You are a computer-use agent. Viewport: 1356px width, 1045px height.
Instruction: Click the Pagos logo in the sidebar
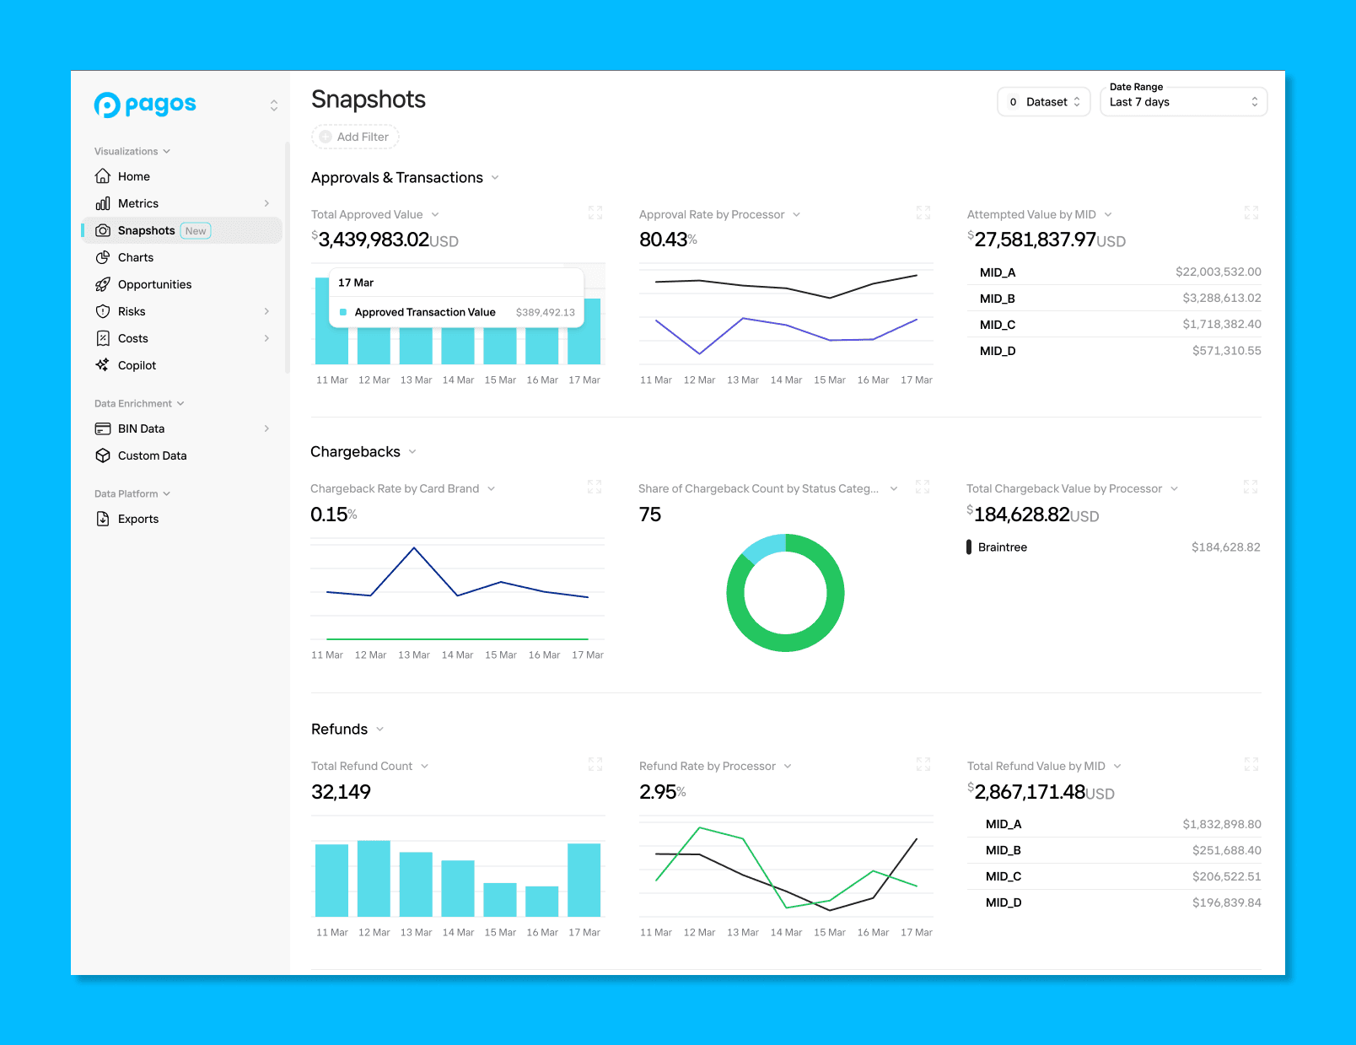coord(145,105)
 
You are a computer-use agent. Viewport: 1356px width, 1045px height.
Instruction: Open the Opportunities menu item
coord(154,284)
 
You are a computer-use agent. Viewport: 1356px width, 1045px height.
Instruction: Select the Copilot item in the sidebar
coord(137,365)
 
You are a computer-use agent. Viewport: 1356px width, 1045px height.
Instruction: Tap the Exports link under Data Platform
coord(138,519)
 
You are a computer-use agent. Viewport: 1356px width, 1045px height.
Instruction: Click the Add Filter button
coord(355,137)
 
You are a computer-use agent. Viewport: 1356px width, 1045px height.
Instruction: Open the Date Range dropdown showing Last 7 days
coord(1183,102)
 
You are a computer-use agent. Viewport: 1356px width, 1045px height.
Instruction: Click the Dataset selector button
coord(1043,102)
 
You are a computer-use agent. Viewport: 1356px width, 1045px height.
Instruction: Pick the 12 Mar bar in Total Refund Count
coord(374,878)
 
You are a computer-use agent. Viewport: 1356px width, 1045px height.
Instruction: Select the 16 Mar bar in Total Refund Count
coord(541,901)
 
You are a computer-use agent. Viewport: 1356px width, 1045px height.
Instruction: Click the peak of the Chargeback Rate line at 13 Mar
coord(414,547)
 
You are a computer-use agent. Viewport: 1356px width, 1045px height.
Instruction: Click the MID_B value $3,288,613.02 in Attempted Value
coord(1221,299)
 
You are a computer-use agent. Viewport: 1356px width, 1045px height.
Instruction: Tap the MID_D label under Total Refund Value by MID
coord(1004,902)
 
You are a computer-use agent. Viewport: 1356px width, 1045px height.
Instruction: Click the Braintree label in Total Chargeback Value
coord(1002,547)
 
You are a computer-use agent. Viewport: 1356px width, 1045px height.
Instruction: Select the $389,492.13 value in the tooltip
coord(546,313)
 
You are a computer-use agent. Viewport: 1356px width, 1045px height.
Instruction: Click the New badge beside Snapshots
coord(196,231)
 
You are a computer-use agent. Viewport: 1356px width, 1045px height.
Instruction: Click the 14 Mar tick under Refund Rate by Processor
coord(786,932)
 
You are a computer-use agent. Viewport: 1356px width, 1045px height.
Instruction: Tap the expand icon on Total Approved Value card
coord(595,213)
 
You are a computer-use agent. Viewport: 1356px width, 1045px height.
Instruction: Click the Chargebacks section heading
coord(355,452)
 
